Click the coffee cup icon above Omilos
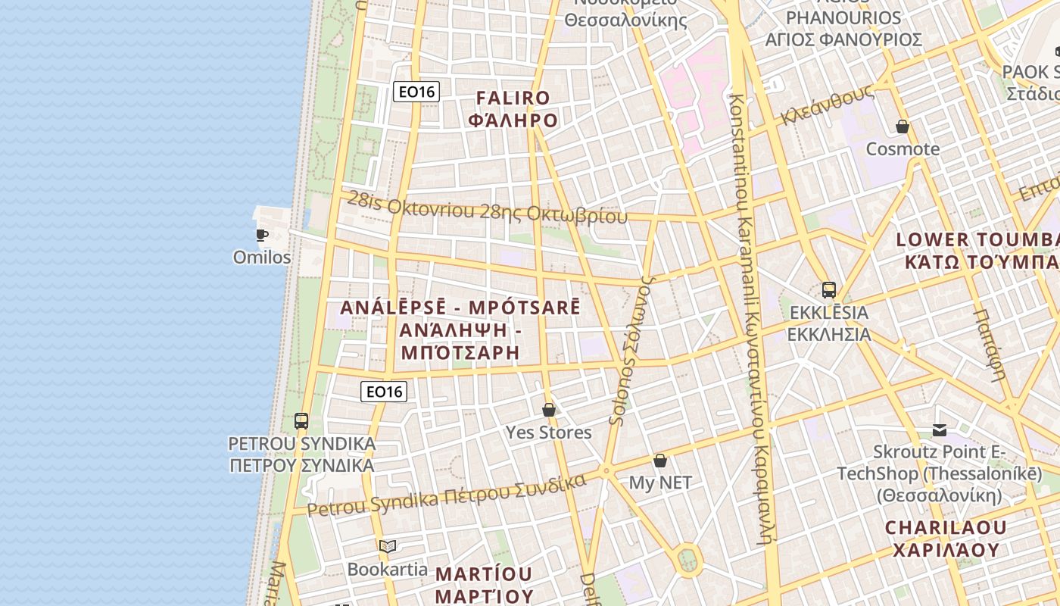coord(262,235)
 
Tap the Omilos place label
coord(262,258)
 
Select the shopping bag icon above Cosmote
coord(903,127)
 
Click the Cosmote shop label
coord(903,149)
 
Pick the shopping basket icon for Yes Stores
coord(549,410)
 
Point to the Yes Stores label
coord(549,433)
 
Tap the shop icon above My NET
coord(660,461)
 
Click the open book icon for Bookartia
coord(388,546)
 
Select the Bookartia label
coord(388,569)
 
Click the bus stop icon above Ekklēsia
coord(829,289)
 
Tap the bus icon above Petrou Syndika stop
coord(301,421)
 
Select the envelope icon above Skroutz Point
coord(940,430)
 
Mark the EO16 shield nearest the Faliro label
coord(416,92)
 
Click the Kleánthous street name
coord(828,106)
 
